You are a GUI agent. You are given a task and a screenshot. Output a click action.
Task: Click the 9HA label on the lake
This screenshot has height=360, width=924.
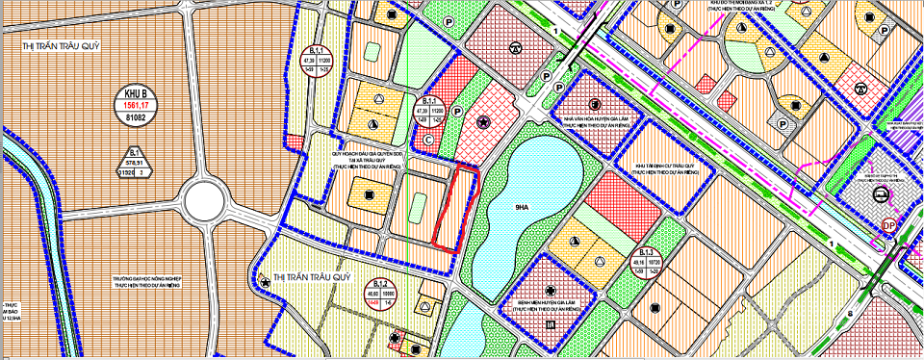pyautogui.click(x=524, y=205)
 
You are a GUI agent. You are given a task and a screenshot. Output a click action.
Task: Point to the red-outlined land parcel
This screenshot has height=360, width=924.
pyautogui.click(x=455, y=205)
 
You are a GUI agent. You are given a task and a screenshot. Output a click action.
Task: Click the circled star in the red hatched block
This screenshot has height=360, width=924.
pyautogui.click(x=483, y=120)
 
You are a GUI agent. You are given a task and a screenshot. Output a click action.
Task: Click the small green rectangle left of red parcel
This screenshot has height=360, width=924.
pyautogui.click(x=418, y=205)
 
